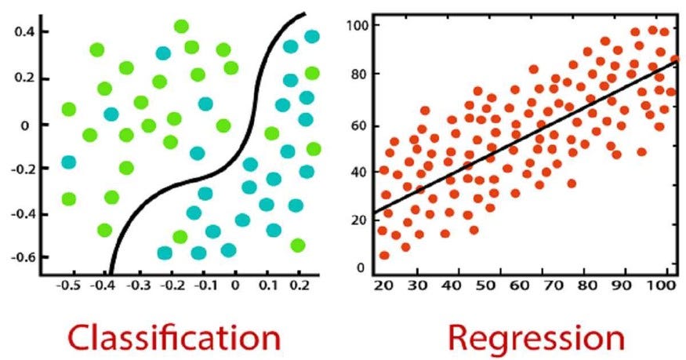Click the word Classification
click(173, 338)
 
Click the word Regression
click(536, 338)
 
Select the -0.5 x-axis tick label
click(68, 287)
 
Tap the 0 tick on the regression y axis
click(361, 268)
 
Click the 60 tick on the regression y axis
click(361, 125)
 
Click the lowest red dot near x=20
click(384, 255)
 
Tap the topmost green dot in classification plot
click(181, 27)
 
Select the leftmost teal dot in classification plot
click(69, 162)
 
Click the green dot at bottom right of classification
click(297, 245)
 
